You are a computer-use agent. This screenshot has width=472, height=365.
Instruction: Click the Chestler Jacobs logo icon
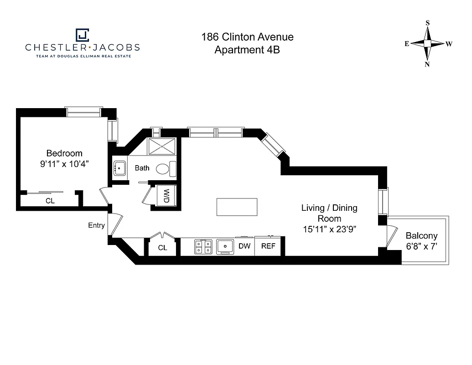pyautogui.click(x=82, y=35)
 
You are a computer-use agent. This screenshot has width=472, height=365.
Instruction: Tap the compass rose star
pyautogui.click(x=428, y=44)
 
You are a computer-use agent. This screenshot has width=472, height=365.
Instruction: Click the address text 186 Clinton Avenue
pyautogui.click(x=247, y=37)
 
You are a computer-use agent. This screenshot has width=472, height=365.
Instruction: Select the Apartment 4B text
pyautogui.click(x=247, y=50)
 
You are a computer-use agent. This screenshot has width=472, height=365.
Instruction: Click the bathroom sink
pyautogui.click(x=120, y=168)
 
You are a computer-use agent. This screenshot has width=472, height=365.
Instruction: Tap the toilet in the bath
pyautogui.click(x=164, y=168)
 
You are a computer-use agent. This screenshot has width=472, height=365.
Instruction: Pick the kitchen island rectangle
pyautogui.click(x=237, y=207)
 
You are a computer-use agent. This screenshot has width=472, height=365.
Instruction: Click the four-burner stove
pyautogui.click(x=203, y=246)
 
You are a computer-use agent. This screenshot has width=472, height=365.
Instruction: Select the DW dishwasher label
pyautogui.click(x=245, y=246)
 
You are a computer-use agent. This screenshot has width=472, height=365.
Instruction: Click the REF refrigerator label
pyautogui.click(x=269, y=246)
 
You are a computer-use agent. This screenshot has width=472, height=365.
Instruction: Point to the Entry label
pyautogui.click(x=97, y=225)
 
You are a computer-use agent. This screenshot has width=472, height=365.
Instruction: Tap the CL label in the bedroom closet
pyautogui.click(x=50, y=200)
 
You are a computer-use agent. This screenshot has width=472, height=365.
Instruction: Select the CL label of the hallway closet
pyautogui.click(x=162, y=248)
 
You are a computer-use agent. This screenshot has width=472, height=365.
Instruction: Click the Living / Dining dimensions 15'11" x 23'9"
pyautogui.click(x=329, y=229)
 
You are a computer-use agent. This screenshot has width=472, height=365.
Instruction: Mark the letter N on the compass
pyautogui.click(x=427, y=64)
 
